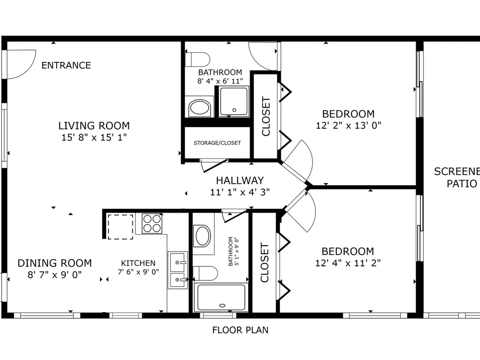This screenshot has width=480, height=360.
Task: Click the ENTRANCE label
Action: tap(66, 65)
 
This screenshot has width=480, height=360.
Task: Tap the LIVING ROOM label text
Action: tap(94, 125)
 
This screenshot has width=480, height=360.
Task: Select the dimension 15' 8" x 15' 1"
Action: tap(94, 137)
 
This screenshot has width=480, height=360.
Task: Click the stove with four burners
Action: tap(152, 223)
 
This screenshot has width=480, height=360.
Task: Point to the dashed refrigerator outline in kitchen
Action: tap(120, 227)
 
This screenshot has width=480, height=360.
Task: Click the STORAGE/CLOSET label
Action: tap(217, 143)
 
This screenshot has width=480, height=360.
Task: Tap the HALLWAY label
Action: tap(240, 180)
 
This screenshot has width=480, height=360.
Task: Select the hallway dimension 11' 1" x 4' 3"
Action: tap(240, 192)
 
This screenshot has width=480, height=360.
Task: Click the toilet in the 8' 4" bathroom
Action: tap(198, 60)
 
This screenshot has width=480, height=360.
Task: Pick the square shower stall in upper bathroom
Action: tap(234, 102)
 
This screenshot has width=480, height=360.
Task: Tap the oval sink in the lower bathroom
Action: tap(203, 236)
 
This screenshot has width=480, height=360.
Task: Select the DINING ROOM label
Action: tap(55, 263)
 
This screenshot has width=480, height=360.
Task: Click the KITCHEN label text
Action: tap(138, 263)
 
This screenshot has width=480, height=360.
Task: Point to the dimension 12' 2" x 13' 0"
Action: tap(348, 125)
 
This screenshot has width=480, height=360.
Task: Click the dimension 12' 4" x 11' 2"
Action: tap(348, 263)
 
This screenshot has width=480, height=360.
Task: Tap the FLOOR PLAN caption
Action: tap(240, 330)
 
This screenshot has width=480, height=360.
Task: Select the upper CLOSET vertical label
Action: tap(266, 116)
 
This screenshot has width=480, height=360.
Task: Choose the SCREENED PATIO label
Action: tap(457, 178)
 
